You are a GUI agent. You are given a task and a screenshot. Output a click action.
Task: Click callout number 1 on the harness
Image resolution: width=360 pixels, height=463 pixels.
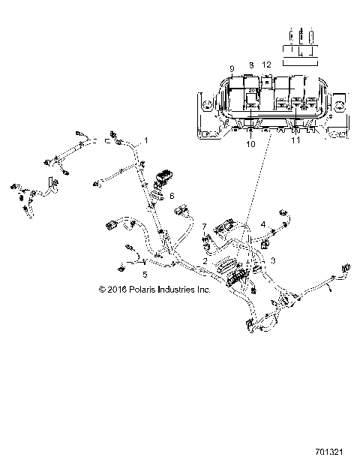pyautogui.click(x=146, y=140)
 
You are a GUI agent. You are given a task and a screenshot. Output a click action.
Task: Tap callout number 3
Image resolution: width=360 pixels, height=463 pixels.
pyautogui.click(x=273, y=260)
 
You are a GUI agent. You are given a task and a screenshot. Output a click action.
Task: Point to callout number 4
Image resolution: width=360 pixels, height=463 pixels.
pyautogui.click(x=263, y=224)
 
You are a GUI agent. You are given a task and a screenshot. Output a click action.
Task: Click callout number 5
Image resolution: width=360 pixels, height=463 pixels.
pyautogui.click(x=145, y=275)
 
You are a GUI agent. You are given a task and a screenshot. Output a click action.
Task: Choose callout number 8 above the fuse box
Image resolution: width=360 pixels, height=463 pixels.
pyautogui.click(x=251, y=66)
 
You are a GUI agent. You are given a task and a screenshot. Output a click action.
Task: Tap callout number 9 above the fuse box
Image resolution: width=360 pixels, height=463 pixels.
pyautogui.click(x=232, y=68)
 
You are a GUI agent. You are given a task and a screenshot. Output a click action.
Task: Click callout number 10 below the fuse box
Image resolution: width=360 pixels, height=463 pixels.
pyautogui.click(x=251, y=143)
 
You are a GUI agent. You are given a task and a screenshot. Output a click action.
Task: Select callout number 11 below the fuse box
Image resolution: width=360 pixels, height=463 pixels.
pyautogui.click(x=295, y=140)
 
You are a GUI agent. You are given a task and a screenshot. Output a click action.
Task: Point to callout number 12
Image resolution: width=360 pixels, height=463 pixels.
pyautogui.click(x=268, y=66)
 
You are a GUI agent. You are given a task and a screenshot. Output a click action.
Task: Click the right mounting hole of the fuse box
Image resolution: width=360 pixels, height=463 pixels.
pyautogui.click(x=340, y=102)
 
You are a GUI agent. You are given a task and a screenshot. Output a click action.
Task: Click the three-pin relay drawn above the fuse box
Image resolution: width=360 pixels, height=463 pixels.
pyautogui.click(x=300, y=44)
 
